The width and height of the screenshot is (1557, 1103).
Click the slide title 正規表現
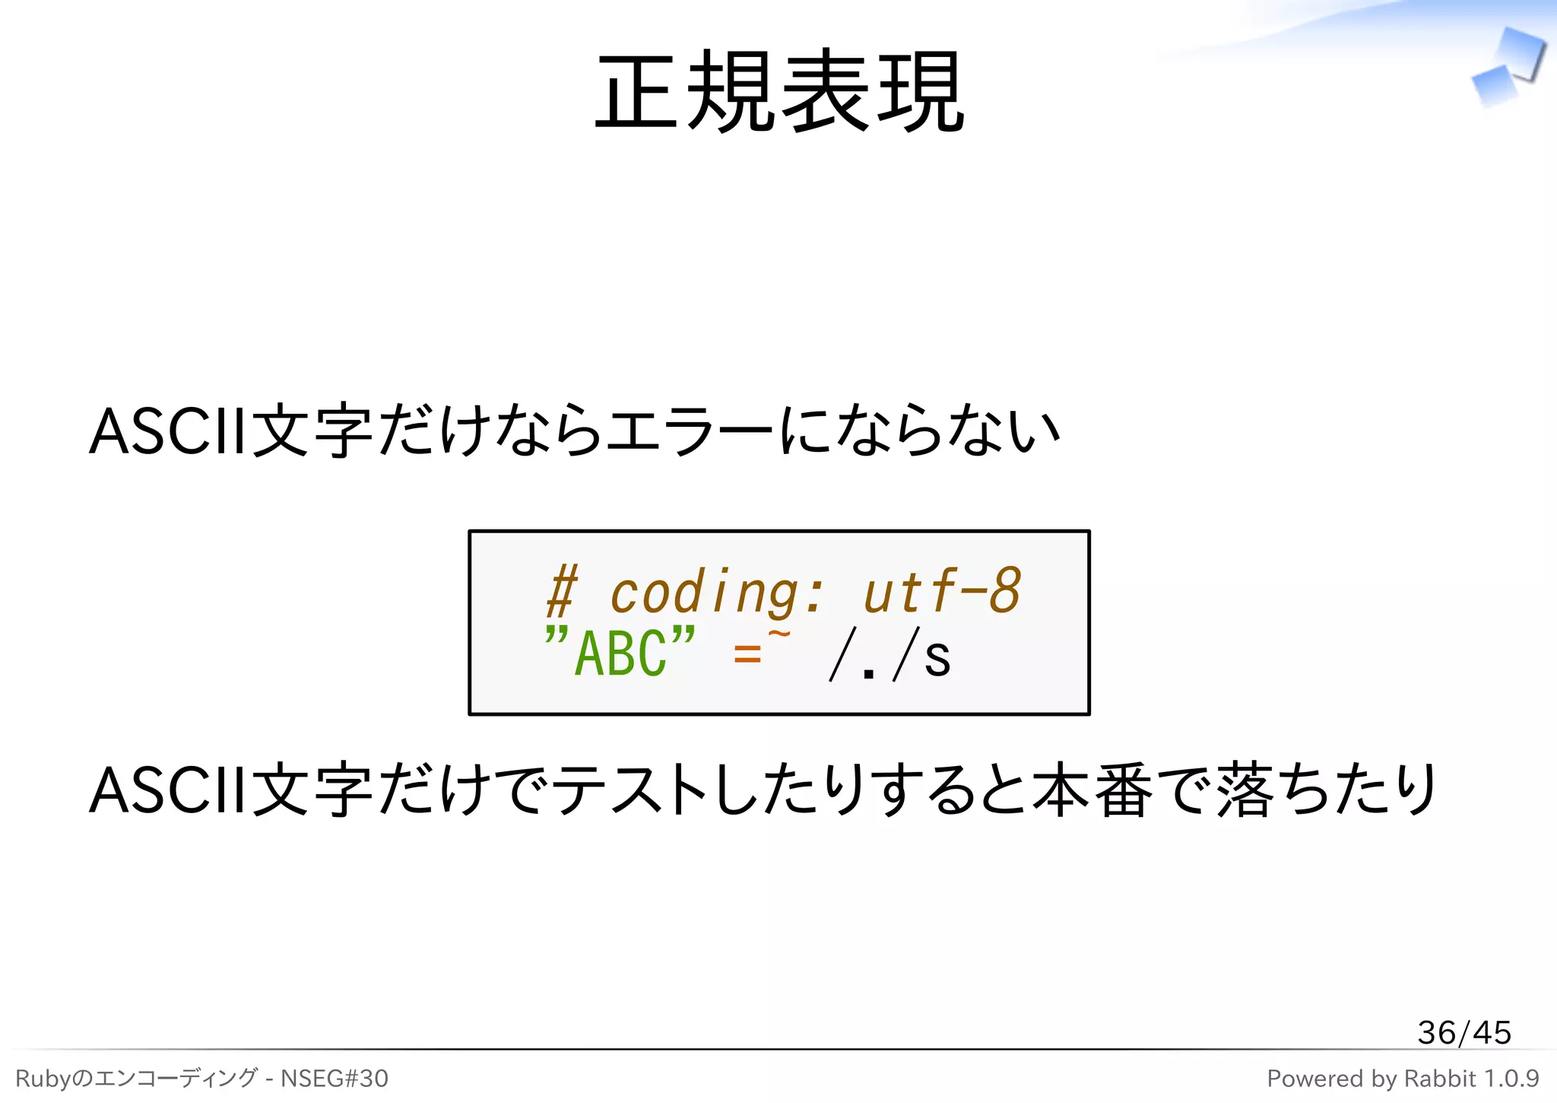[x=779, y=91]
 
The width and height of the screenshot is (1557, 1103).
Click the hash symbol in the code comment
[x=563, y=592]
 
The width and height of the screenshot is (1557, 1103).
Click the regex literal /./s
[x=889, y=654]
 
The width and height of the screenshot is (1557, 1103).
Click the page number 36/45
[x=1463, y=1032]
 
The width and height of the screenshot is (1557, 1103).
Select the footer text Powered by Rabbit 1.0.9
[x=1402, y=1078]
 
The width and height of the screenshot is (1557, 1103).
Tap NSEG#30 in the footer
[x=334, y=1078]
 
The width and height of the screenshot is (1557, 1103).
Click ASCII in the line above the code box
[x=168, y=431]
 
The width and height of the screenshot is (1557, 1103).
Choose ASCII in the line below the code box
[x=168, y=790]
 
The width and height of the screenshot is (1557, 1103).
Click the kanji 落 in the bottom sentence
[x=1245, y=790]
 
